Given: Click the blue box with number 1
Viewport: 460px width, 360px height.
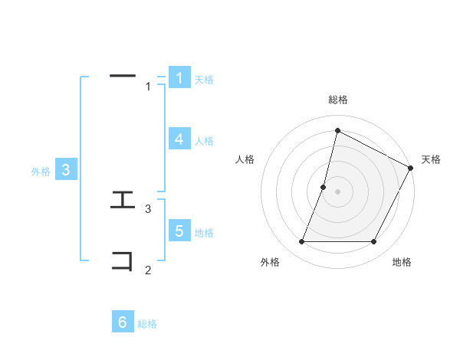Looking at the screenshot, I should [179, 78].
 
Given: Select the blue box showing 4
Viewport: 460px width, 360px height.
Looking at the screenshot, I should [179, 139].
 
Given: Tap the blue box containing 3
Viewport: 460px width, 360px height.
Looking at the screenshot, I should [66, 170].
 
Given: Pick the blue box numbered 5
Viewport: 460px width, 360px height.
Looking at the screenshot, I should [179, 231].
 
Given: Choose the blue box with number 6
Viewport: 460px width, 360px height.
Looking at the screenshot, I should [123, 322].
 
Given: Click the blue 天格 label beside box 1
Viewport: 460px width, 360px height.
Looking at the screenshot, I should [204, 80].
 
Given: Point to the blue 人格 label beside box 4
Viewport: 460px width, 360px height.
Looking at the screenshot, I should [204, 141].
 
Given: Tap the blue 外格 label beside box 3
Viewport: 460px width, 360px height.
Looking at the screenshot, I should [41, 172].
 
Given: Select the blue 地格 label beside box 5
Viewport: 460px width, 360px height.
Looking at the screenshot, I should [204, 233].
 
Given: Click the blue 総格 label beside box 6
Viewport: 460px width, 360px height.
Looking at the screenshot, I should [147, 325].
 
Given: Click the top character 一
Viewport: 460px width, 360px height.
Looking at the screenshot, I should [123, 75].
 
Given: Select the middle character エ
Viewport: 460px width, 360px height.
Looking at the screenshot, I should [123, 201].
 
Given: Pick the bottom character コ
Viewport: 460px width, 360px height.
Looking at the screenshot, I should [123, 260].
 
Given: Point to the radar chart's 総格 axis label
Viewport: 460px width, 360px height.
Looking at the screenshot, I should [338, 100].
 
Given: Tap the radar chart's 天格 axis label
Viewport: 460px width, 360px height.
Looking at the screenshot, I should [431, 159].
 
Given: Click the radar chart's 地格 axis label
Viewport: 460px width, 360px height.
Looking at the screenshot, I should [402, 263].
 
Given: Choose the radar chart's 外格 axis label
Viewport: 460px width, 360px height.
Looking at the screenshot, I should [270, 263].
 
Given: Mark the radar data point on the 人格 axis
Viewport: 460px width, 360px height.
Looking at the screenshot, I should [324, 187].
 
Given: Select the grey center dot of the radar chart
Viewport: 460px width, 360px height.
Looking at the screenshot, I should [338, 191].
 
